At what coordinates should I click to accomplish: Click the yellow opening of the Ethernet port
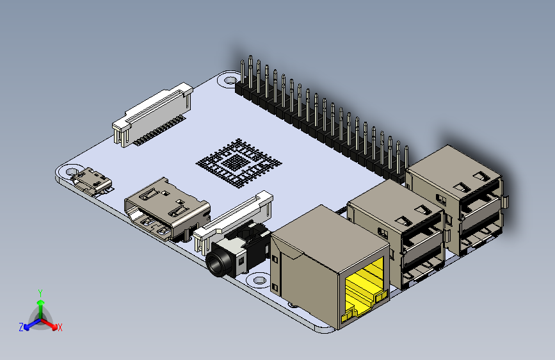364,290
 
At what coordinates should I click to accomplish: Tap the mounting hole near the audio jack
259,280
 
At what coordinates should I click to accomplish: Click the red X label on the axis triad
60,327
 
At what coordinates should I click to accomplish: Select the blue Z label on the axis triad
21,327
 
